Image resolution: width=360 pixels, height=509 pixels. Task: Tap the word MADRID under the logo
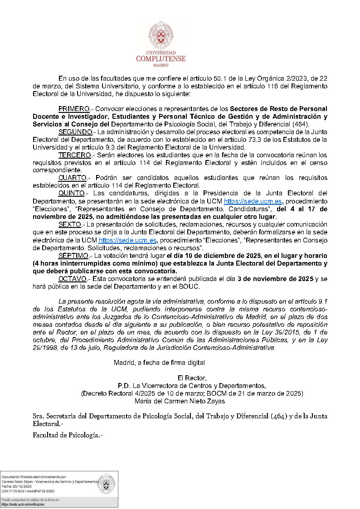[x=161, y=65]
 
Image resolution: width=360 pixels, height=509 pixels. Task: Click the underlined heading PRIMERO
[x=74, y=109]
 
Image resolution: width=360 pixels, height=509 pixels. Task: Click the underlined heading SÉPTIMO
[x=74, y=256]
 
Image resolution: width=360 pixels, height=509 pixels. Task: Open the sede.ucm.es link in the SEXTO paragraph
[x=128, y=240]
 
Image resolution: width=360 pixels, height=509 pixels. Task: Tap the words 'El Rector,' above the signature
[x=192, y=378]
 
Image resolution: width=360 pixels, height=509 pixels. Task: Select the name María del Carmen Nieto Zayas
[x=180, y=401]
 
